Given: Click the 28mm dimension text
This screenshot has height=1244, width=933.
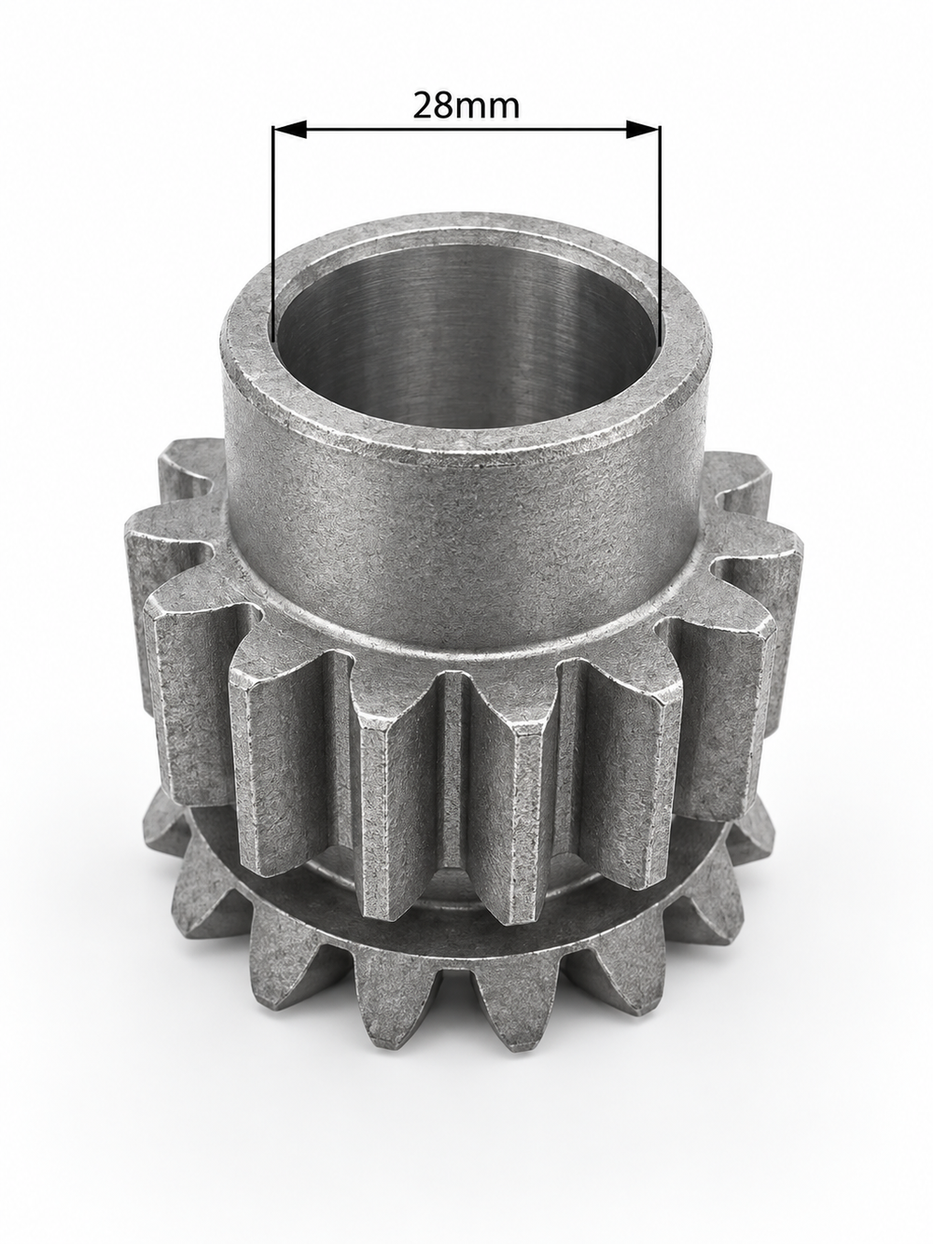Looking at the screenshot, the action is pyautogui.click(x=466, y=105).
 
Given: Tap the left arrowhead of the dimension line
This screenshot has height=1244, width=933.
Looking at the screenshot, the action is pyautogui.click(x=290, y=129).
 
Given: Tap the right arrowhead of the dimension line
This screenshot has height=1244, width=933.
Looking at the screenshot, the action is pyautogui.click(x=643, y=129).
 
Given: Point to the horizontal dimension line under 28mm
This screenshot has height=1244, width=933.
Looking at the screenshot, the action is pyautogui.click(x=466, y=129).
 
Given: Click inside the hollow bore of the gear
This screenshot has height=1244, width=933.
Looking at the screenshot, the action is pyautogui.click(x=465, y=340).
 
